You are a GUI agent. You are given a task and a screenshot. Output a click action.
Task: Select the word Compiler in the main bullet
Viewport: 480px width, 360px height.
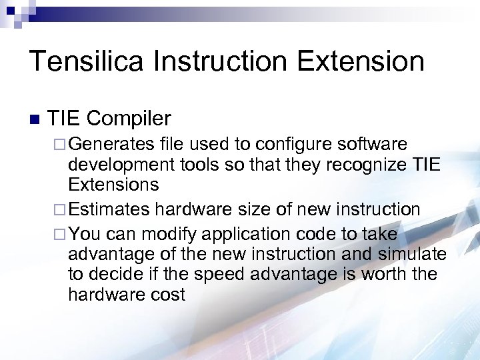129,119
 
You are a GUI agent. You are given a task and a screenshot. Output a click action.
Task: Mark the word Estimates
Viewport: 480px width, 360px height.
109,210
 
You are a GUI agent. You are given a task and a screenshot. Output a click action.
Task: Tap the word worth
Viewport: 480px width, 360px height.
382,274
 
